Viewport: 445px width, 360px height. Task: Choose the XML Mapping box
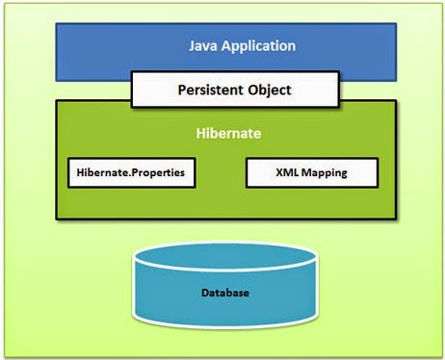pyautogui.click(x=312, y=173)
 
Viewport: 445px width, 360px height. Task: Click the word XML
pyautogui.click(x=286, y=173)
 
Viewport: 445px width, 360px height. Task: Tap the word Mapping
pyautogui.click(x=324, y=174)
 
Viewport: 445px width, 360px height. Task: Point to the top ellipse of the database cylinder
pyautogui.click(x=222, y=259)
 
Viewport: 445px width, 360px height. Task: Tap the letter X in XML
pyautogui.click(x=278, y=173)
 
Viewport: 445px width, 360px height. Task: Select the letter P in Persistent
pyautogui.click(x=183, y=90)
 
